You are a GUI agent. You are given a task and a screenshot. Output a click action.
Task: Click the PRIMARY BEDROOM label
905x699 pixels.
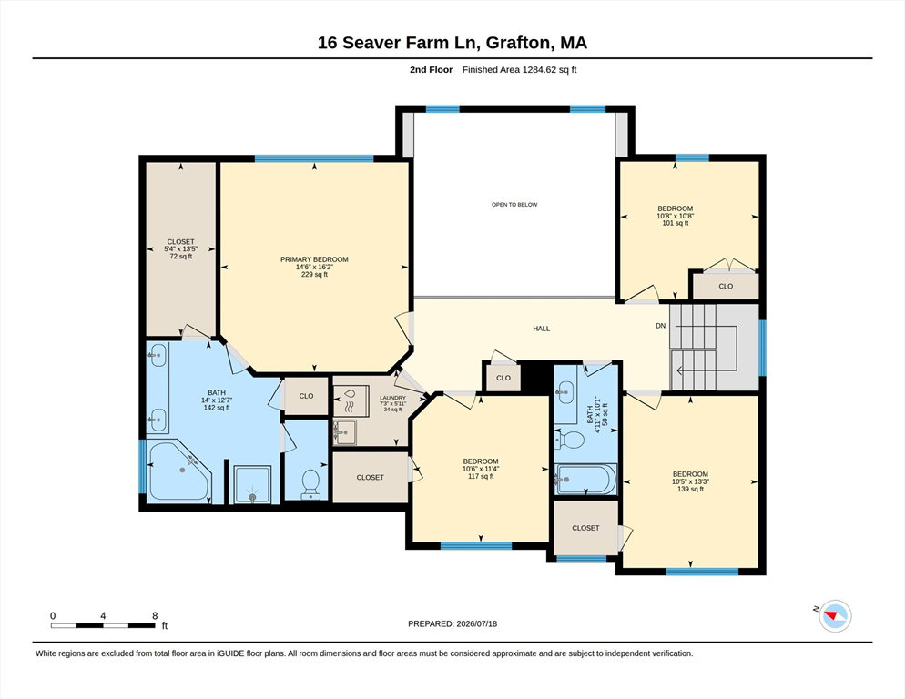(x=314, y=259)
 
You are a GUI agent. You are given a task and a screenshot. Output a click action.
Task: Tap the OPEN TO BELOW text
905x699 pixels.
(x=514, y=205)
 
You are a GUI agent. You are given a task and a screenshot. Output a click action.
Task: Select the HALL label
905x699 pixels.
(x=542, y=329)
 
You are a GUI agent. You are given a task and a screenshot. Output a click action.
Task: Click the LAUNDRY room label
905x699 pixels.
(x=392, y=398)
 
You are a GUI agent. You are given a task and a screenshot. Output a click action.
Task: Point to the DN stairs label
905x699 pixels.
(x=661, y=326)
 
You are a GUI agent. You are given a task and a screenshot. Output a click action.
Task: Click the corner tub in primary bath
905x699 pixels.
(x=179, y=471)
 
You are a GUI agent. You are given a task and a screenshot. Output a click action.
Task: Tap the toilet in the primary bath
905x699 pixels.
(x=310, y=483)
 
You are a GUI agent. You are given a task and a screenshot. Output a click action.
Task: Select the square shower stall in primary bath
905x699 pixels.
(x=251, y=484)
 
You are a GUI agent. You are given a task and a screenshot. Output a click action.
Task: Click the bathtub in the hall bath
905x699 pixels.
(x=585, y=479)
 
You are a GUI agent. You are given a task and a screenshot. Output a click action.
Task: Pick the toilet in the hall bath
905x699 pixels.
(x=570, y=440)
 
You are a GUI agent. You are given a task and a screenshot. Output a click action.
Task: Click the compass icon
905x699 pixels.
(x=835, y=616)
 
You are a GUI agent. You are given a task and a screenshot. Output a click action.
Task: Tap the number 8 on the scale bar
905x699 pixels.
(x=155, y=616)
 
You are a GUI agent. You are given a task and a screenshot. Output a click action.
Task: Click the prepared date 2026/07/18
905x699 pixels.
(x=477, y=624)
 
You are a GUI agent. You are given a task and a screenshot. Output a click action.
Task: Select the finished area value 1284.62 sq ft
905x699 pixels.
(x=550, y=70)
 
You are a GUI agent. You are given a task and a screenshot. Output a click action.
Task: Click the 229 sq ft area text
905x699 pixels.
(x=314, y=275)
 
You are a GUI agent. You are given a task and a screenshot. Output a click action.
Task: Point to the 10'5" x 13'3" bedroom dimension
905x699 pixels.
(x=690, y=481)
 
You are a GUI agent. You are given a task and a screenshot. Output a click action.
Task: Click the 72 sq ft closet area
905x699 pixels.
(x=180, y=257)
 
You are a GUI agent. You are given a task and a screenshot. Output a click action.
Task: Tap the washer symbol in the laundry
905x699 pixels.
(x=351, y=400)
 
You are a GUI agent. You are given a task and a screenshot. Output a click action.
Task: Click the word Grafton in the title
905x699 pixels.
(x=516, y=44)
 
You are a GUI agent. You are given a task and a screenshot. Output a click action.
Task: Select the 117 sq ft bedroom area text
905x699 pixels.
(x=481, y=476)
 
